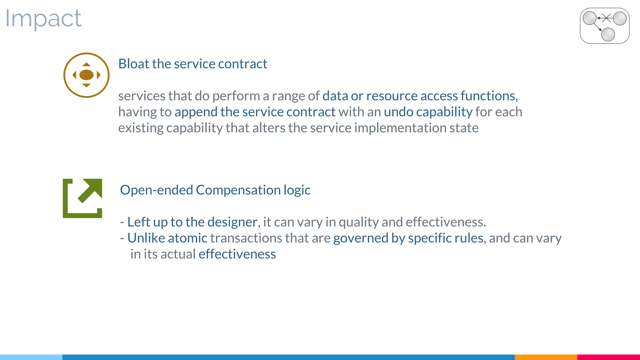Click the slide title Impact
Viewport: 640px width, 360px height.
[x=43, y=19]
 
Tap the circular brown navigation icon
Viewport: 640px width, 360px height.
[x=86, y=75]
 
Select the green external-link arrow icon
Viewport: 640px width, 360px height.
[x=82, y=198]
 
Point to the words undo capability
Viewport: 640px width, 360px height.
[x=428, y=112]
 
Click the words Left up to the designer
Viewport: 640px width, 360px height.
[x=192, y=222]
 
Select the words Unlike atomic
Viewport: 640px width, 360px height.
[x=167, y=238]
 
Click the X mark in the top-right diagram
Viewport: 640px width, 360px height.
[x=607, y=18]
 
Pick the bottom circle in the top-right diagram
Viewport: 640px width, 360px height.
[x=608, y=34]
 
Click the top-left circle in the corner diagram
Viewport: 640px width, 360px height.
[x=590, y=18]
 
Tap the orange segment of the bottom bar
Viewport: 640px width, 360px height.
[x=546, y=357]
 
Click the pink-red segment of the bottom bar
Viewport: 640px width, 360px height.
[x=608, y=357]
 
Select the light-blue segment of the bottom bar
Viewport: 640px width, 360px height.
[x=31, y=357]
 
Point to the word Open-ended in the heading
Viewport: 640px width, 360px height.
[x=157, y=190]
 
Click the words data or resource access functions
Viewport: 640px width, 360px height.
[x=420, y=96]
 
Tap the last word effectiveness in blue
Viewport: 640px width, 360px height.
[x=237, y=254]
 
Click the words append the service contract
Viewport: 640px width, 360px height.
[x=255, y=112]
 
